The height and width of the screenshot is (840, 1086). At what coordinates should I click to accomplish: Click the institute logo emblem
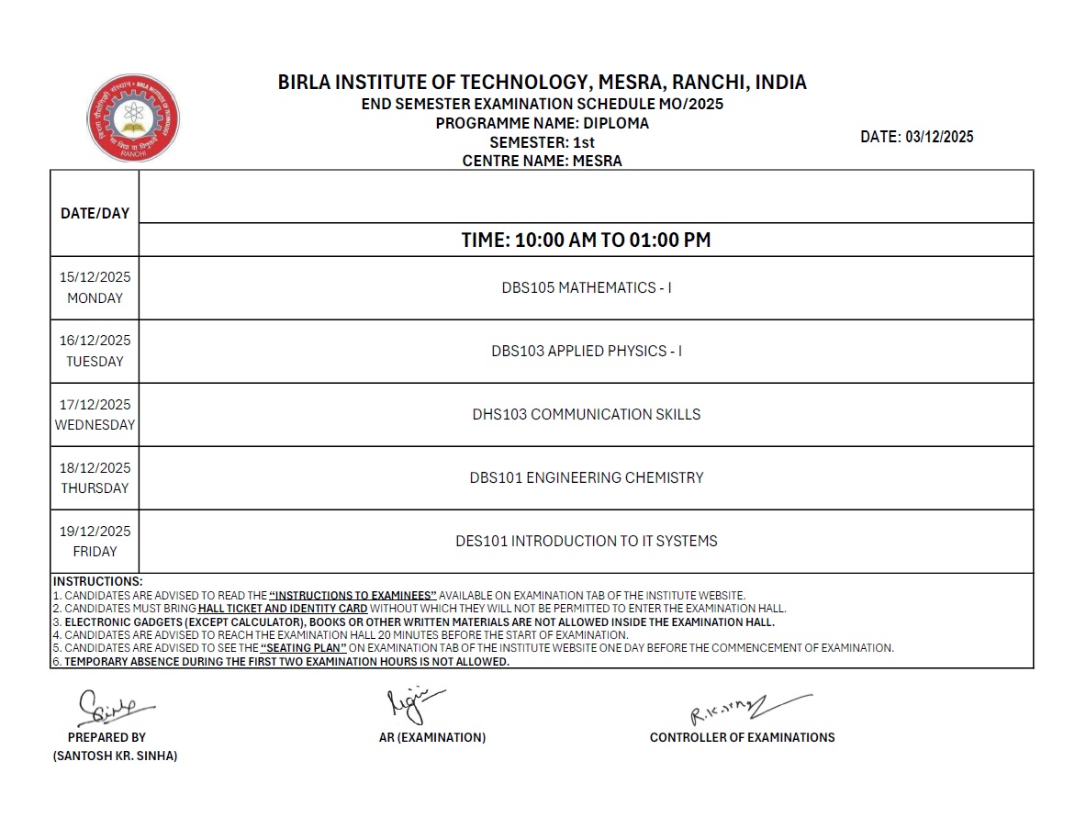(x=133, y=119)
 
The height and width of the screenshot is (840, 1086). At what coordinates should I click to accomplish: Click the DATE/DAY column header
(x=95, y=213)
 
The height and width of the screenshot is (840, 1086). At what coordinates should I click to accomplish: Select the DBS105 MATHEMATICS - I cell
(x=586, y=287)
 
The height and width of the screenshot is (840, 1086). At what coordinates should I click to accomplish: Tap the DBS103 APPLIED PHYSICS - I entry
(x=586, y=351)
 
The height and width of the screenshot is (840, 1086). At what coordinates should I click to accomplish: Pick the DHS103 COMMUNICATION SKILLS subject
(x=586, y=414)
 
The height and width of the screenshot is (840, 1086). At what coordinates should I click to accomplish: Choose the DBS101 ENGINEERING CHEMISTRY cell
(x=586, y=477)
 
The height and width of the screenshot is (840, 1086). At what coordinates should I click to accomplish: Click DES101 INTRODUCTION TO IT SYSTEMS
(x=586, y=541)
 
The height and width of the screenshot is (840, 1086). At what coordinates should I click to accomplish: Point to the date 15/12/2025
(x=95, y=277)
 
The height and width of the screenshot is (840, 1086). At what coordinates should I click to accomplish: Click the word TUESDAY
(x=95, y=362)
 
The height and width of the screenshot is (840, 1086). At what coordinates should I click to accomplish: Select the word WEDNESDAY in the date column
(x=95, y=425)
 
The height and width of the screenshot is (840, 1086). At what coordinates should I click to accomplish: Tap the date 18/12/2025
(x=95, y=467)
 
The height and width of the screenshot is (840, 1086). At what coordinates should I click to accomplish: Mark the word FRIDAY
(x=95, y=552)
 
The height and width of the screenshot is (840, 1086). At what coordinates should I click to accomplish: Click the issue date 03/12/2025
(x=939, y=137)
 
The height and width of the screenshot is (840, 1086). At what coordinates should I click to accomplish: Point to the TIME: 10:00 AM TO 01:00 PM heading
(x=586, y=241)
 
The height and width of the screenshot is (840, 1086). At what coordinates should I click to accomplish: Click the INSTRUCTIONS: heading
(x=97, y=581)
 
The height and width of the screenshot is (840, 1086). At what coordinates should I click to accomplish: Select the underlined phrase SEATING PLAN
(x=303, y=647)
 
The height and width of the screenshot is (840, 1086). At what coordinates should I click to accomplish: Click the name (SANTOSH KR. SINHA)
(x=115, y=756)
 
